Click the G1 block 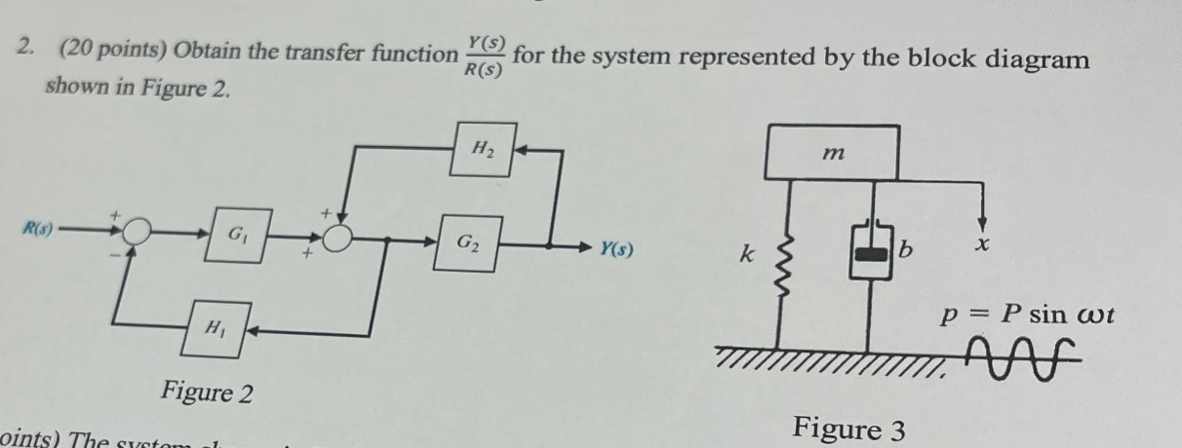click(x=234, y=235)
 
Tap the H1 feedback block click(x=213, y=328)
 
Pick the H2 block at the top click(x=483, y=149)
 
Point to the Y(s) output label click(x=614, y=249)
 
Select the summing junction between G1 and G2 click(x=338, y=238)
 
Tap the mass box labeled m click(x=832, y=152)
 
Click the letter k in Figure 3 click(x=746, y=255)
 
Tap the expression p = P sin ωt click(x=1026, y=316)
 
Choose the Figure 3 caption click(x=848, y=428)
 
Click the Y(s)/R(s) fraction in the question click(x=485, y=56)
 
